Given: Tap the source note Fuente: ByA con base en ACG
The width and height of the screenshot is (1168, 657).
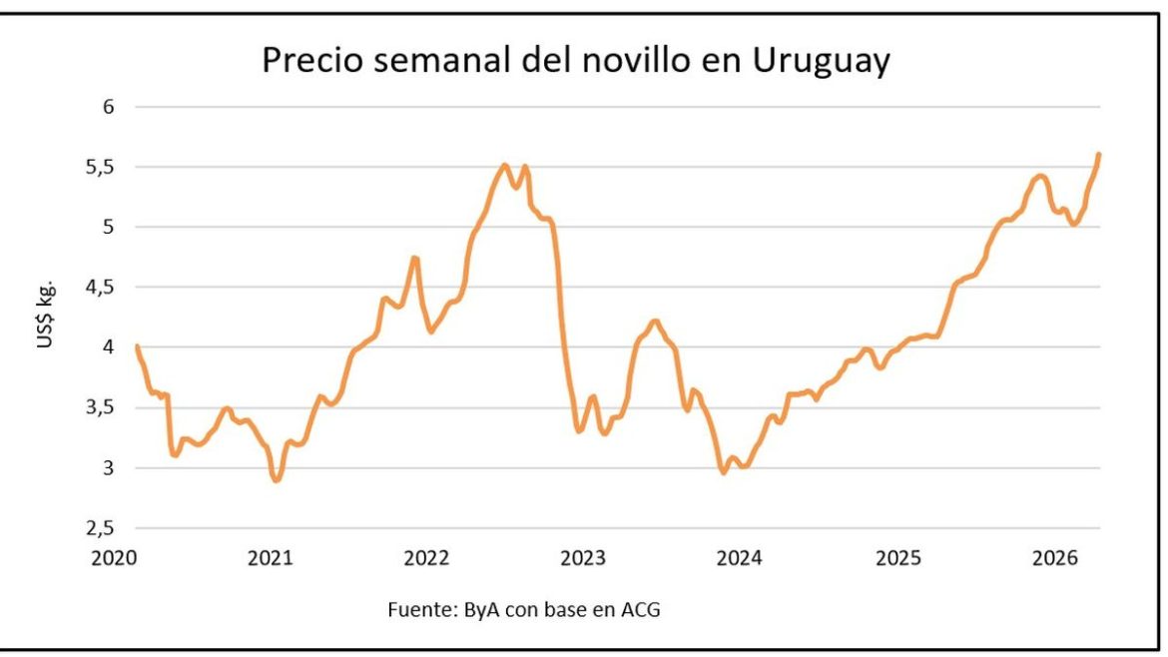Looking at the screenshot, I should (523, 609).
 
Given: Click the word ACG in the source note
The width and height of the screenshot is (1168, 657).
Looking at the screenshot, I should (641, 609).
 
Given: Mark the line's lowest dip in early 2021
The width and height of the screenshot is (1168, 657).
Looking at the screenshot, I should (276, 480).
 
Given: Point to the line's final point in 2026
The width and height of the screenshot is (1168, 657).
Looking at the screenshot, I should (1099, 154).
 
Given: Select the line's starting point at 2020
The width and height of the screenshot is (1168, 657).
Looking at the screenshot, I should (136, 345).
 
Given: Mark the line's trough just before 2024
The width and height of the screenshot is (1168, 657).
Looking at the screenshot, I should (723, 472).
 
